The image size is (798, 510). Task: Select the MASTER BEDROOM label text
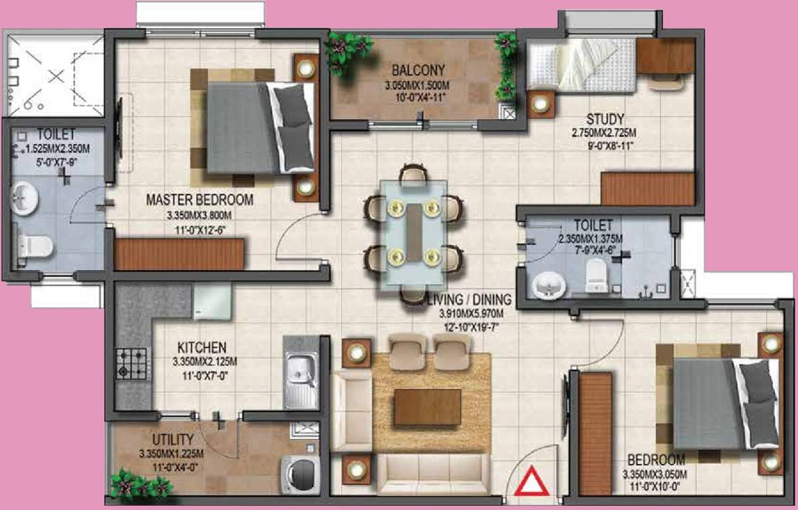(199, 199)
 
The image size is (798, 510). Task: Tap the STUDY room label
(600, 120)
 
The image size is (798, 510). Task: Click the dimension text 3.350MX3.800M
(199, 215)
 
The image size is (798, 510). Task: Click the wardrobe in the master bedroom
(179, 254)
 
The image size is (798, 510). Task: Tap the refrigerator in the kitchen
(212, 300)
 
